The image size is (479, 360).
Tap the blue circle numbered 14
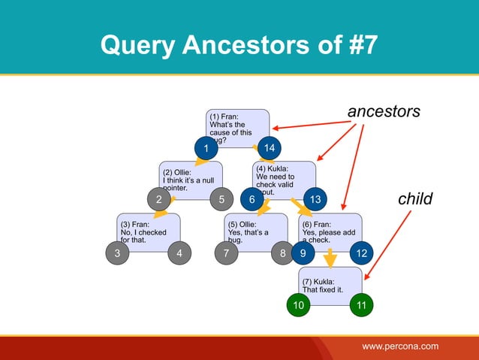pyautogui.click(x=269, y=147)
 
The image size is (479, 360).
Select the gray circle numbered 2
pyautogui.click(x=159, y=200)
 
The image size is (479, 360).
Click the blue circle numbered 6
pyautogui.click(x=252, y=200)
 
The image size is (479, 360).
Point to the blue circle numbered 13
pyautogui.click(x=315, y=200)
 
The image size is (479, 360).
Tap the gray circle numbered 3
pyautogui.click(x=117, y=253)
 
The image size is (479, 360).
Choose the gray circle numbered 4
pyautogui.click(x=179, y=253)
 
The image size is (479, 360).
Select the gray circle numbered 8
pyautogui.click(x=283, y=253)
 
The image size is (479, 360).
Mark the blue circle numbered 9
pyautogui.click(x=303, y=253)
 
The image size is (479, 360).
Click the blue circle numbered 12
pyautogui.click(x=362, y=253)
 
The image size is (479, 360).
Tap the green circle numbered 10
pyautogui.click(x=300, y=306)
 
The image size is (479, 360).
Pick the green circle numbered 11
pyautogui.click(x=362, y=306)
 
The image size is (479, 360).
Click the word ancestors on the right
pyautogui.click(x=384, y=112)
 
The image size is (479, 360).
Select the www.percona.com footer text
pyautogui.click(x=400, y=346)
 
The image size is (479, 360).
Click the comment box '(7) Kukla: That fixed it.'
pyautogui.click(x=330, y=286)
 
